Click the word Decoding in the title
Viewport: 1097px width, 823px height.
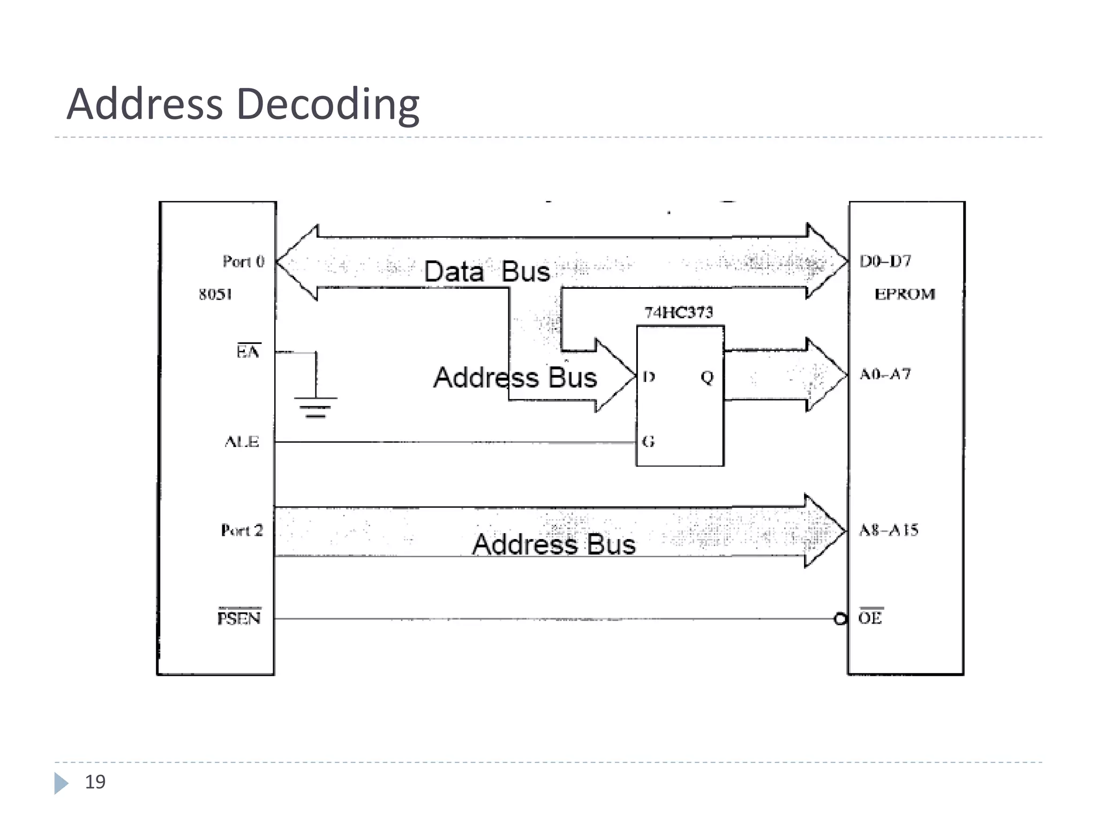click(x=328, y=104)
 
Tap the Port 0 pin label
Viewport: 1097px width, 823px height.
click(x=244, y=261)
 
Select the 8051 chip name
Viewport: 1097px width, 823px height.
click(x=215, y=294)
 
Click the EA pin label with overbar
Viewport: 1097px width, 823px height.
click(x=248, y=351)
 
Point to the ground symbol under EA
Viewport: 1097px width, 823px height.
click(x=315, y=407)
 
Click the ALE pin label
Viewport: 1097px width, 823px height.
click(x=242, y=442)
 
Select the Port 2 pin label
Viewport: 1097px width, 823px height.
click(x=242, y=530)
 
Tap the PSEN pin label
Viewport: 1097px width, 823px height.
click(x=239, y=618)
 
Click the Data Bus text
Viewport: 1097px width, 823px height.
click(x=487, y=271)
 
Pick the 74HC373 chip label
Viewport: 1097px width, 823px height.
click(x=679, y=312)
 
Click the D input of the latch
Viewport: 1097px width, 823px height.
click(x=649, y=377)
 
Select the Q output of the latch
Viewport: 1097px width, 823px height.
click(x=707, y=377)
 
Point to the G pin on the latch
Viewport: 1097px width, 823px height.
click(x=649, y=442)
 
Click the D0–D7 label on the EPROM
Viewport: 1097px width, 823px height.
click(x=885, y=261)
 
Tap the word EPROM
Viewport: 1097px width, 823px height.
click(x=905, y=294)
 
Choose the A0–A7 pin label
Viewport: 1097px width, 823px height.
click(x=885, y=374)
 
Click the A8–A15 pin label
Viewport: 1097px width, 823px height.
click(x=889, y=530)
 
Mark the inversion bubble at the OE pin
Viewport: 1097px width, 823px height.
click(x=840, y=619)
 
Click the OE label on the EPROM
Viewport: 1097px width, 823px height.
click(x=870, y=618)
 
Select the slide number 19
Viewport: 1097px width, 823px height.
click(x=95, y=782)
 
